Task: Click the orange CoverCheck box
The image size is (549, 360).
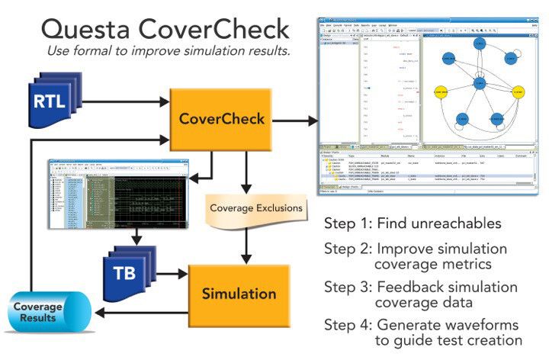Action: (x=220, y=119)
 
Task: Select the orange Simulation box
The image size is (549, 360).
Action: (x=239, y=294)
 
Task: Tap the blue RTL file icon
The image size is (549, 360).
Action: (x=53, y=100)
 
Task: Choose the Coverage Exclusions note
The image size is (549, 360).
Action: (x=255, y=207)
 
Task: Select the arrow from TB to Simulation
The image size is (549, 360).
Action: (x=170, y=273)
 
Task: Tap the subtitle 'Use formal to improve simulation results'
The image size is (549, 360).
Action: (x=168, y=51)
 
